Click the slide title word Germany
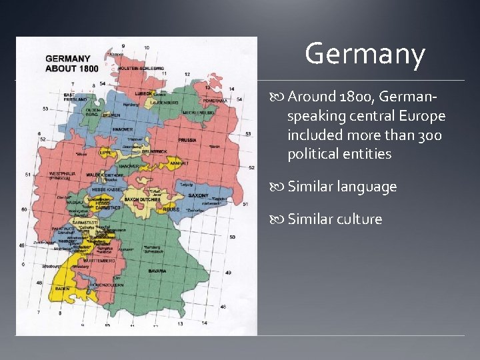coord(365,55)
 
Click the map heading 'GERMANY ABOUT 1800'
coord(72,63)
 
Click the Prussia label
coord(187,140)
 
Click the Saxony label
coord(198,196)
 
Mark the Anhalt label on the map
coord(180,163)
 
